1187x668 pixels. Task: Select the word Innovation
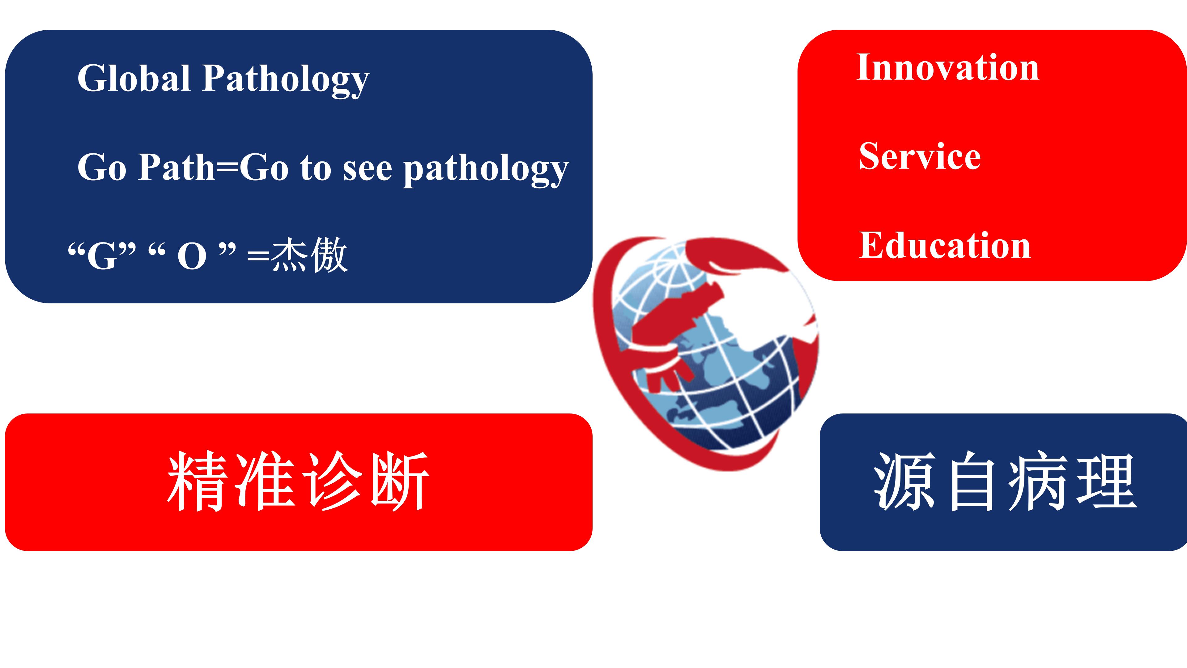(x=947, y=67)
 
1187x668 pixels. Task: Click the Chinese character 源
(x=904, y=481)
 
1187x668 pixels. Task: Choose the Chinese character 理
(x=1107, y=481)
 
